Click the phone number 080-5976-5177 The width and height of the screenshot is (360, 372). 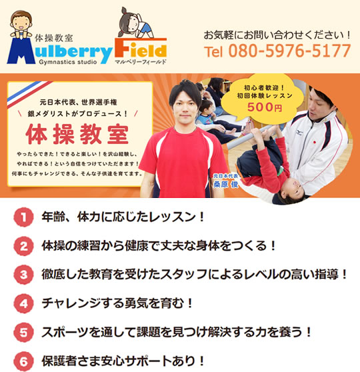289,51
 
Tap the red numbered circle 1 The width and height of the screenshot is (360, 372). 23,217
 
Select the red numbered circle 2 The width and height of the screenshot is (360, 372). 23,246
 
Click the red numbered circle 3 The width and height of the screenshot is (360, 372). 23,275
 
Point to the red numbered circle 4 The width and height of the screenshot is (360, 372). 23,303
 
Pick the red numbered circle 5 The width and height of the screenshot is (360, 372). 23,332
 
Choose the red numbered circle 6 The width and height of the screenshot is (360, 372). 23,361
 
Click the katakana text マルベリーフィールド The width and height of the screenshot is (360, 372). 141,61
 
